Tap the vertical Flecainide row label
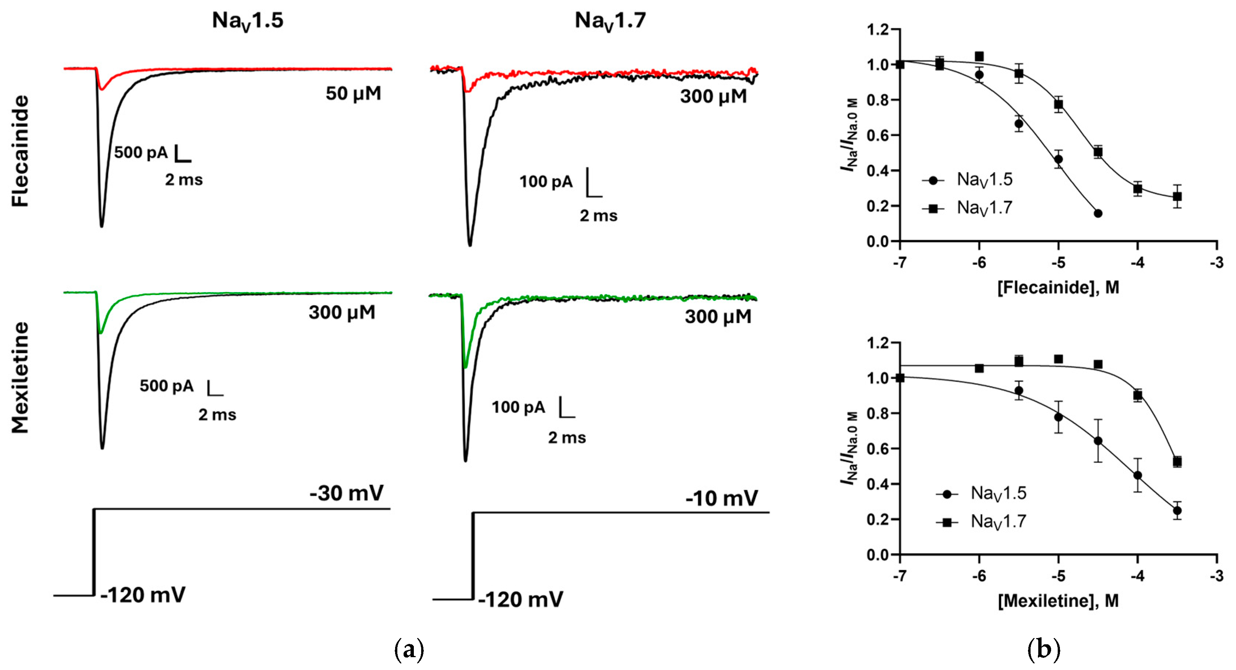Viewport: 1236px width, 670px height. click(21, 151)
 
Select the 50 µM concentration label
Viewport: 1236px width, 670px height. click(353, 94)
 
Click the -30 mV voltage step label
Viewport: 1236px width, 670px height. click(346, 493)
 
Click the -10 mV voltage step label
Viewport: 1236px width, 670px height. click(722, 498)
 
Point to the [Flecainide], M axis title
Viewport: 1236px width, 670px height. click(1058, 288)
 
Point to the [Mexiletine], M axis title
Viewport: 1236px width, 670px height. click(1058, 601)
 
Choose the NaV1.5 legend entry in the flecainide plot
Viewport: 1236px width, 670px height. click(984, 180)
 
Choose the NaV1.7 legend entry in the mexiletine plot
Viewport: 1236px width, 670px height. click(998, 522)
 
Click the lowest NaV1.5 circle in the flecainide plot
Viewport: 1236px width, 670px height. click(1098, 213)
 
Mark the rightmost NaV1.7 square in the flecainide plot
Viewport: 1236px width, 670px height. click(1177, 197)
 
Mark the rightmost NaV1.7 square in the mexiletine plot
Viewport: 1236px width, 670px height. click(1177, 462)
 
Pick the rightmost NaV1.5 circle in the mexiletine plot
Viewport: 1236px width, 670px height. click(1177, 511)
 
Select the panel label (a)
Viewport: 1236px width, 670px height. click(409, 650)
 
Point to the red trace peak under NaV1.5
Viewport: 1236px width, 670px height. click(102, 89)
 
